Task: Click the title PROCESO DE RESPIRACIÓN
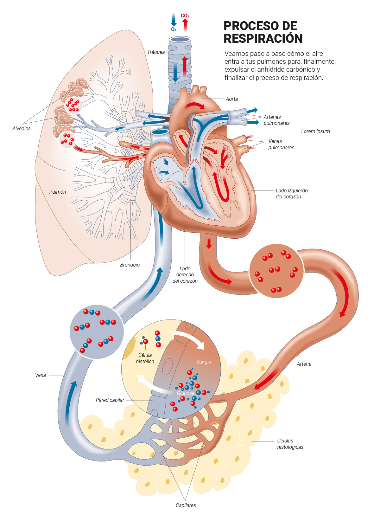coord(263,32)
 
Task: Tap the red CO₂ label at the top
coord(185,16)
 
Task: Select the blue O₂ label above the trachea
coord(174,29)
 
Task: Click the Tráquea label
coord(156,52)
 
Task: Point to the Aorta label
coord(231,99)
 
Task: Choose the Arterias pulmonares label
coord(276,120)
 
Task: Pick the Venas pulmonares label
coord(281,144)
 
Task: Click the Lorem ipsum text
coord(315,131)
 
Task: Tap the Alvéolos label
coord(22,128)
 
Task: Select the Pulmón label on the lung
coord(58,192)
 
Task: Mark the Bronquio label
coord(130,265)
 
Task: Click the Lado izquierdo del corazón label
coord(291,193)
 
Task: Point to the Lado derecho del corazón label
coord(185,274)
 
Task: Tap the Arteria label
coord(304,364)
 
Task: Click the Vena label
coord(41,375)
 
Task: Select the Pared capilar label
coord(110,400)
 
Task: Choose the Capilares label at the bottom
coord(186,505)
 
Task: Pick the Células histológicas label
coord(290,444)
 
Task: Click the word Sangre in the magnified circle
coord(204,362)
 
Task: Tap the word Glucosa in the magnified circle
coord(186,393)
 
